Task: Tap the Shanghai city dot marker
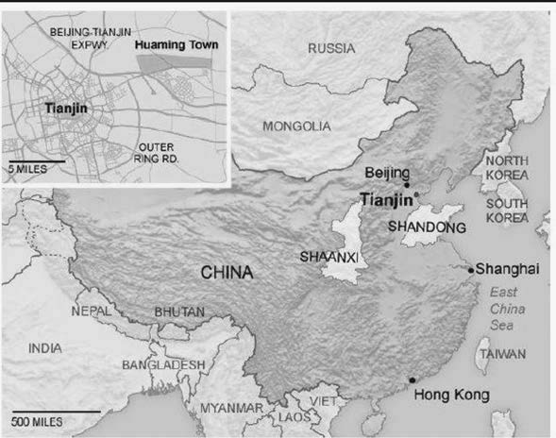click(x=471, y=270)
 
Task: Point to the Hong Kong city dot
click(x=412, y=380)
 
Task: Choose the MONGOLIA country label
click(x=296, y=126)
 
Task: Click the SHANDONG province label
click(x=428, y=227)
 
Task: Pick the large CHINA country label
click(x=227, y=273)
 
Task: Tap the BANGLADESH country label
click(x=162, y=364)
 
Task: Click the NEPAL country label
click(x=92, y=310)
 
